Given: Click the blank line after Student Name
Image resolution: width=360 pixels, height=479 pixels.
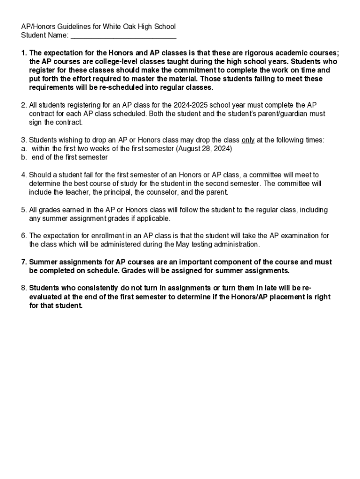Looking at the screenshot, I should pyautogui.click(x=123, y=35).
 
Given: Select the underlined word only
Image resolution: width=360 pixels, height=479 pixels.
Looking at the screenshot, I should pyautogui.click(x=248, y=140).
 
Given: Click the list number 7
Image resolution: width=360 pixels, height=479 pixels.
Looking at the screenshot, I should pyautogui.click(x=23, y=262).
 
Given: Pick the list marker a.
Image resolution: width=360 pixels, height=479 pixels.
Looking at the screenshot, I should pyautogui.click(x=23, y=149).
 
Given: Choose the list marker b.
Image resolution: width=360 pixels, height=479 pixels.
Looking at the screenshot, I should pyautogui.click(x=23, y=158).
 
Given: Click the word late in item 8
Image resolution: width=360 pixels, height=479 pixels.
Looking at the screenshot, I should pyautogui.click(x=268, y=288).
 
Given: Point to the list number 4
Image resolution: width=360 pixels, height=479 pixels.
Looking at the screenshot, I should pyautogui.click(x=23, y=175).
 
